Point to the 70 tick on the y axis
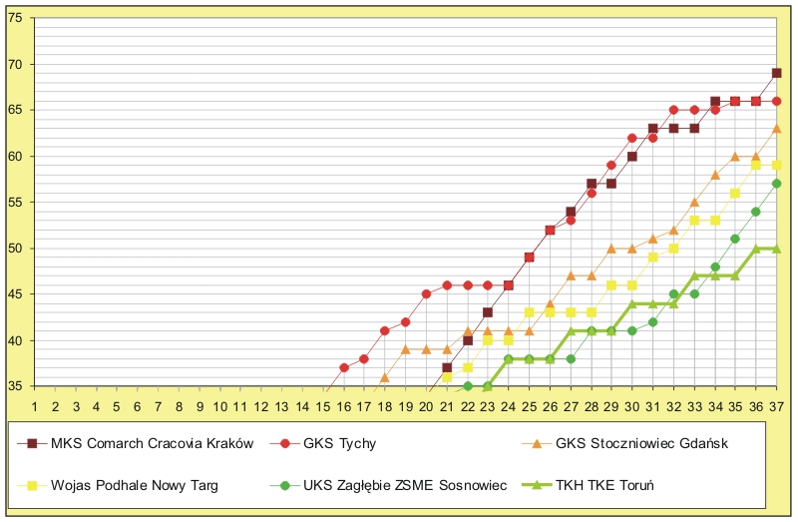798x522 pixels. [x=17, y=65]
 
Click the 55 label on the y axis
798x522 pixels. [x=17, y=203]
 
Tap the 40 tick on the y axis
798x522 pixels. [x=17, y=340]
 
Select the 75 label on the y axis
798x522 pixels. [x=17, y=19]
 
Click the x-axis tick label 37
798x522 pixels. [x=776, y=406]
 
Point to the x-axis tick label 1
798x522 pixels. [x=35, y=406]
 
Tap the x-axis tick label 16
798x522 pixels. [x=344, y=406]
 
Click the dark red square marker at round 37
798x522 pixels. [x=776, y=73]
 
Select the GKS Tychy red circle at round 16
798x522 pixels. [x=344, y=367]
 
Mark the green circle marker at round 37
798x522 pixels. [x=776, y=184]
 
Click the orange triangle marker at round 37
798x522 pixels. [x=776, y=128]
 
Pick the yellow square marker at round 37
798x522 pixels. [x=776, y=165]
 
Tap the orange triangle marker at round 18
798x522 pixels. [x=385, y=376]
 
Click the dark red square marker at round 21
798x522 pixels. [x=447, y=367]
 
